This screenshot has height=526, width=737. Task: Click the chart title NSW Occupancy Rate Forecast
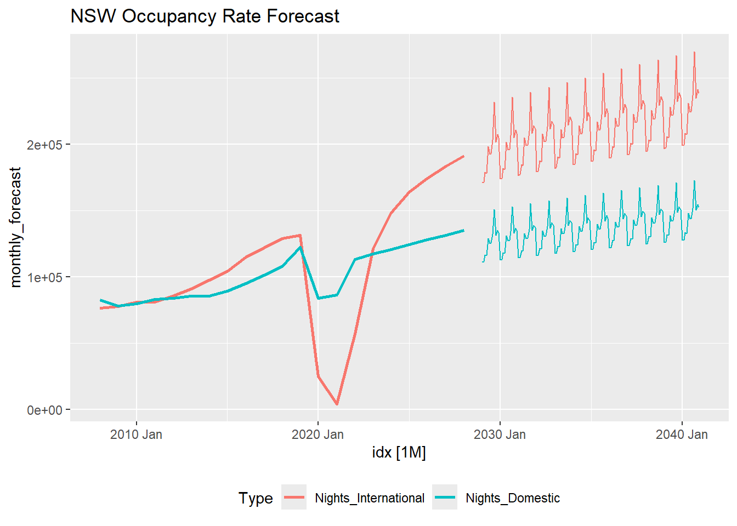205,16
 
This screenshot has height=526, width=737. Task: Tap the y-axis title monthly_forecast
16,227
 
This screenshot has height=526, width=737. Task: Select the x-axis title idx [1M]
399,452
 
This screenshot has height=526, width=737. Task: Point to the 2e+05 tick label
44,145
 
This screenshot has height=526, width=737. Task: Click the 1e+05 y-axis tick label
44,277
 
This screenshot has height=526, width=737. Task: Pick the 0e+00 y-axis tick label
44,410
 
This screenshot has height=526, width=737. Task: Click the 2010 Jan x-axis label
136,434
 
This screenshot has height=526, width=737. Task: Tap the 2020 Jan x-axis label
318,434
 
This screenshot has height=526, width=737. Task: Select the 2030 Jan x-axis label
500,434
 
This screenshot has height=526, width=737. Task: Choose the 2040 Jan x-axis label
682,434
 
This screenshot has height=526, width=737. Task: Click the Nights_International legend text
370,498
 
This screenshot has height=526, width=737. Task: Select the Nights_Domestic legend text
513,498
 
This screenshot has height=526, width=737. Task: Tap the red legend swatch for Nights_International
294,498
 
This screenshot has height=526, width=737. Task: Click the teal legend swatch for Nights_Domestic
445,498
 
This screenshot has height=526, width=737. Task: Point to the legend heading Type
256,498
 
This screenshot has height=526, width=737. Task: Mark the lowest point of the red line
337,404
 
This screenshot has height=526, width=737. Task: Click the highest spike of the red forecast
694,53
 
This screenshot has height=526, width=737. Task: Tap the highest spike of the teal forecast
694,181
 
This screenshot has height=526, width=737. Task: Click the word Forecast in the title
303,16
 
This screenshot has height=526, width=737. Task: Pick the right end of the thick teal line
463,231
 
